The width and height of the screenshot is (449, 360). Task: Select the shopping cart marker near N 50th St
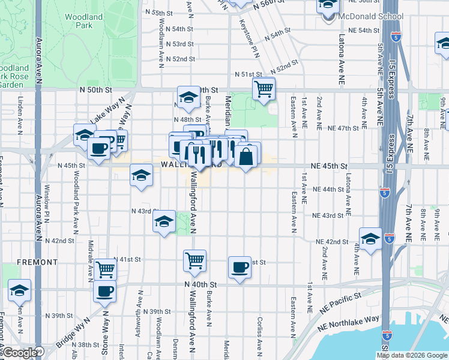coord(264,89)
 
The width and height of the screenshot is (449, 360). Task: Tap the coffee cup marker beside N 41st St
coord(240,267)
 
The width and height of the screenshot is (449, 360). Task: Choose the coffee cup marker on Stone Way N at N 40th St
coord(105,292)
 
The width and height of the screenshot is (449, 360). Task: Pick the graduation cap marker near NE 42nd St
coord(370,238)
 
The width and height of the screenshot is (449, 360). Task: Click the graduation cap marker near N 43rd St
coord(164,221)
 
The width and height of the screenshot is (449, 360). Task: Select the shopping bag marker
coord(246,157)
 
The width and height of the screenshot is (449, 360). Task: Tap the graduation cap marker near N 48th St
coord(188,97)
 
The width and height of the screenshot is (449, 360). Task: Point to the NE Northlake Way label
coord(355,321)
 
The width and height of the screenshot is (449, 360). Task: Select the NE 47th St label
coord(342,128)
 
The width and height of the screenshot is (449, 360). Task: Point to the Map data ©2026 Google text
coord(412,355)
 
